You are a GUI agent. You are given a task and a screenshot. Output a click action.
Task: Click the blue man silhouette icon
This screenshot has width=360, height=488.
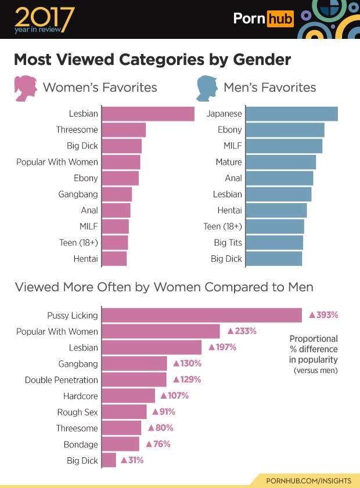point(206,88)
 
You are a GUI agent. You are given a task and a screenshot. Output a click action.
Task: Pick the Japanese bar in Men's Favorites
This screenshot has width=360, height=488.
point(292,114)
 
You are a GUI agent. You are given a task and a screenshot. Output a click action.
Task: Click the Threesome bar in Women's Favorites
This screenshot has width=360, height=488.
point(124,130)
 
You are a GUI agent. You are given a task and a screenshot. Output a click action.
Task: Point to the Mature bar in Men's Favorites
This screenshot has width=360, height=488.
point(281,162)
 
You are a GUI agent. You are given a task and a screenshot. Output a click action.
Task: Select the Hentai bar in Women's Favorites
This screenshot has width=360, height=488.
point(114,259)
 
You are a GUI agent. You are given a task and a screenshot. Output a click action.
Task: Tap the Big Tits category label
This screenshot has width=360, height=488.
point(227,243)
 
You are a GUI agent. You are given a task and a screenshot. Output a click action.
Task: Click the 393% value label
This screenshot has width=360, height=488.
point(323,315)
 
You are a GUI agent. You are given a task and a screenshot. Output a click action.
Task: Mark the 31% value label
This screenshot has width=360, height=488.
point(131,461)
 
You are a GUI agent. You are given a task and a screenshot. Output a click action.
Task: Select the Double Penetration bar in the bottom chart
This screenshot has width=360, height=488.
point(134,380)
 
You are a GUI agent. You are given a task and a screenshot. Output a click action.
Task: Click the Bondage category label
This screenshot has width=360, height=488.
point(81,444)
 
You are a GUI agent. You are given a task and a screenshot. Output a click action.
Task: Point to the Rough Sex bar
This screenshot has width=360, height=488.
point(124,412)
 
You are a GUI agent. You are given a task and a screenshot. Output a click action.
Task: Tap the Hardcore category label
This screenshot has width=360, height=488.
point(81,396)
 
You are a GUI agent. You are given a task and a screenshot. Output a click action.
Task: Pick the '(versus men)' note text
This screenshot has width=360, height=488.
point(315,370)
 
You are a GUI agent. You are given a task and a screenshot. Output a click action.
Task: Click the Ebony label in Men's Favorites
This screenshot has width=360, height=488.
point(229,130)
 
